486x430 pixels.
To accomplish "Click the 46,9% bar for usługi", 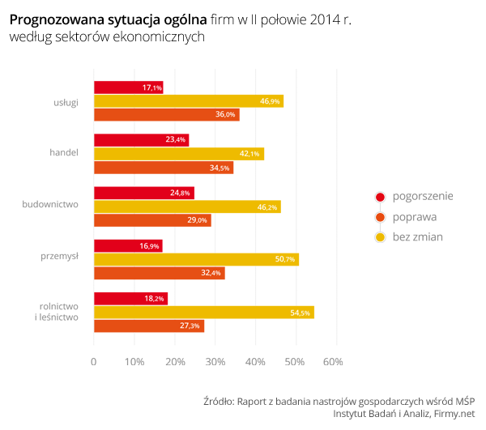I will pyautogui.click(x=188, y=101).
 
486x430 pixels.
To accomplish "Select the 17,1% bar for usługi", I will pyautogui.click(x=128, y=87).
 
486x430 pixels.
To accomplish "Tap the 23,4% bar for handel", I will pyautogui.click(x=141, y=140).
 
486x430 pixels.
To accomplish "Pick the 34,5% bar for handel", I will pyautogui.click(x=163, y=168).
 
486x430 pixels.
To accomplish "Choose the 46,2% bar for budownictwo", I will pyautogui.click(x=187, y=207).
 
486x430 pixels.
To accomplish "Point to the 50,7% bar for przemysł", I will pyautogui.click(x=196, y=259).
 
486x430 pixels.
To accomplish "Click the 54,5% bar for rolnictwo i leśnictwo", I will pyautogui.click(x=203, y=313).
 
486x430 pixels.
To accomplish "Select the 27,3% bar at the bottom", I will pyautogui.click(x=148, y=326).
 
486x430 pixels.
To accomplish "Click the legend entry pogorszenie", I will pyautogui.click(x=422, y=197).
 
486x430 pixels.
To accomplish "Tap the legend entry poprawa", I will pyautogui.click(x=414, y=217).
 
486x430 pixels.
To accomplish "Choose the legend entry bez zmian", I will pyautogui.click(x=417, y=237).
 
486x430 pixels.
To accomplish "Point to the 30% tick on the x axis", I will pyautogui.click(x=214, y=361).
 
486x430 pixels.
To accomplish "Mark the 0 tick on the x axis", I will pyautogui.click(x=94, y=361).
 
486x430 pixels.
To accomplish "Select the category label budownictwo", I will pyautogui.click(x=50, y=203).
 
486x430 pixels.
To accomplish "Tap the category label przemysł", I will pyautogui.click(x=59, y=256).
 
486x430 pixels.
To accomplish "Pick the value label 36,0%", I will pyautogui.click(x=225, y=115).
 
